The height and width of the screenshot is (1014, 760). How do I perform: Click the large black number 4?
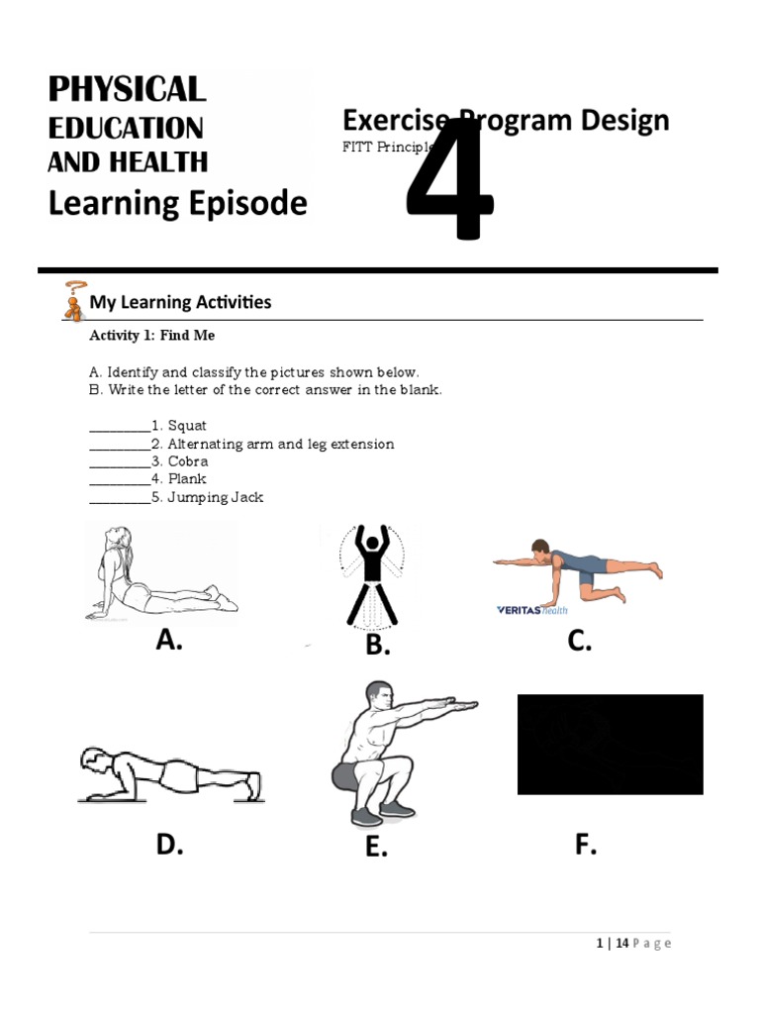tap(450, 180)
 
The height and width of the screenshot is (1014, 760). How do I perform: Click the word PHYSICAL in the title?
tap(127, 89)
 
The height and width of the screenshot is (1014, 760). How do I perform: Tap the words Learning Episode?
tap(178, 203)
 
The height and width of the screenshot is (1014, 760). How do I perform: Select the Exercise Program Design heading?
tap(506, 121)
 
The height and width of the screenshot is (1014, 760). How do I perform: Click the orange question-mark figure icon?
tap(73, 301)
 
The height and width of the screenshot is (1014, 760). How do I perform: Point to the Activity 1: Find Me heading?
tap(151, 336)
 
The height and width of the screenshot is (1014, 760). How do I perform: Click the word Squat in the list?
tap(187, 426)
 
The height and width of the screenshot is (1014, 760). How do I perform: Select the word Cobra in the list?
tap(188, 461)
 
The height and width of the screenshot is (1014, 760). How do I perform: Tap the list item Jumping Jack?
tap(215, 497)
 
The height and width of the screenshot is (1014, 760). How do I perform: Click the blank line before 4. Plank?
tap(120, 480)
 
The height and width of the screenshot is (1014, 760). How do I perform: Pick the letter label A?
tap(169, 641)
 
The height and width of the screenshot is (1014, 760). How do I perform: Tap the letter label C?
tap(580, 641)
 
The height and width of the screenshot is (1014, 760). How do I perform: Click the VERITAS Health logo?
tap(532, 610)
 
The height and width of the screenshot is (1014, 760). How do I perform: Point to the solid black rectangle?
tap(610, 744)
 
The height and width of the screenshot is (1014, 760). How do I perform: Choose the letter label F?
tap(586, 845)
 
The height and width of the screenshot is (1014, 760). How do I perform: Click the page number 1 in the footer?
tap(600, 944)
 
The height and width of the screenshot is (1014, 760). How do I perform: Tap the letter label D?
tap(169, 845)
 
